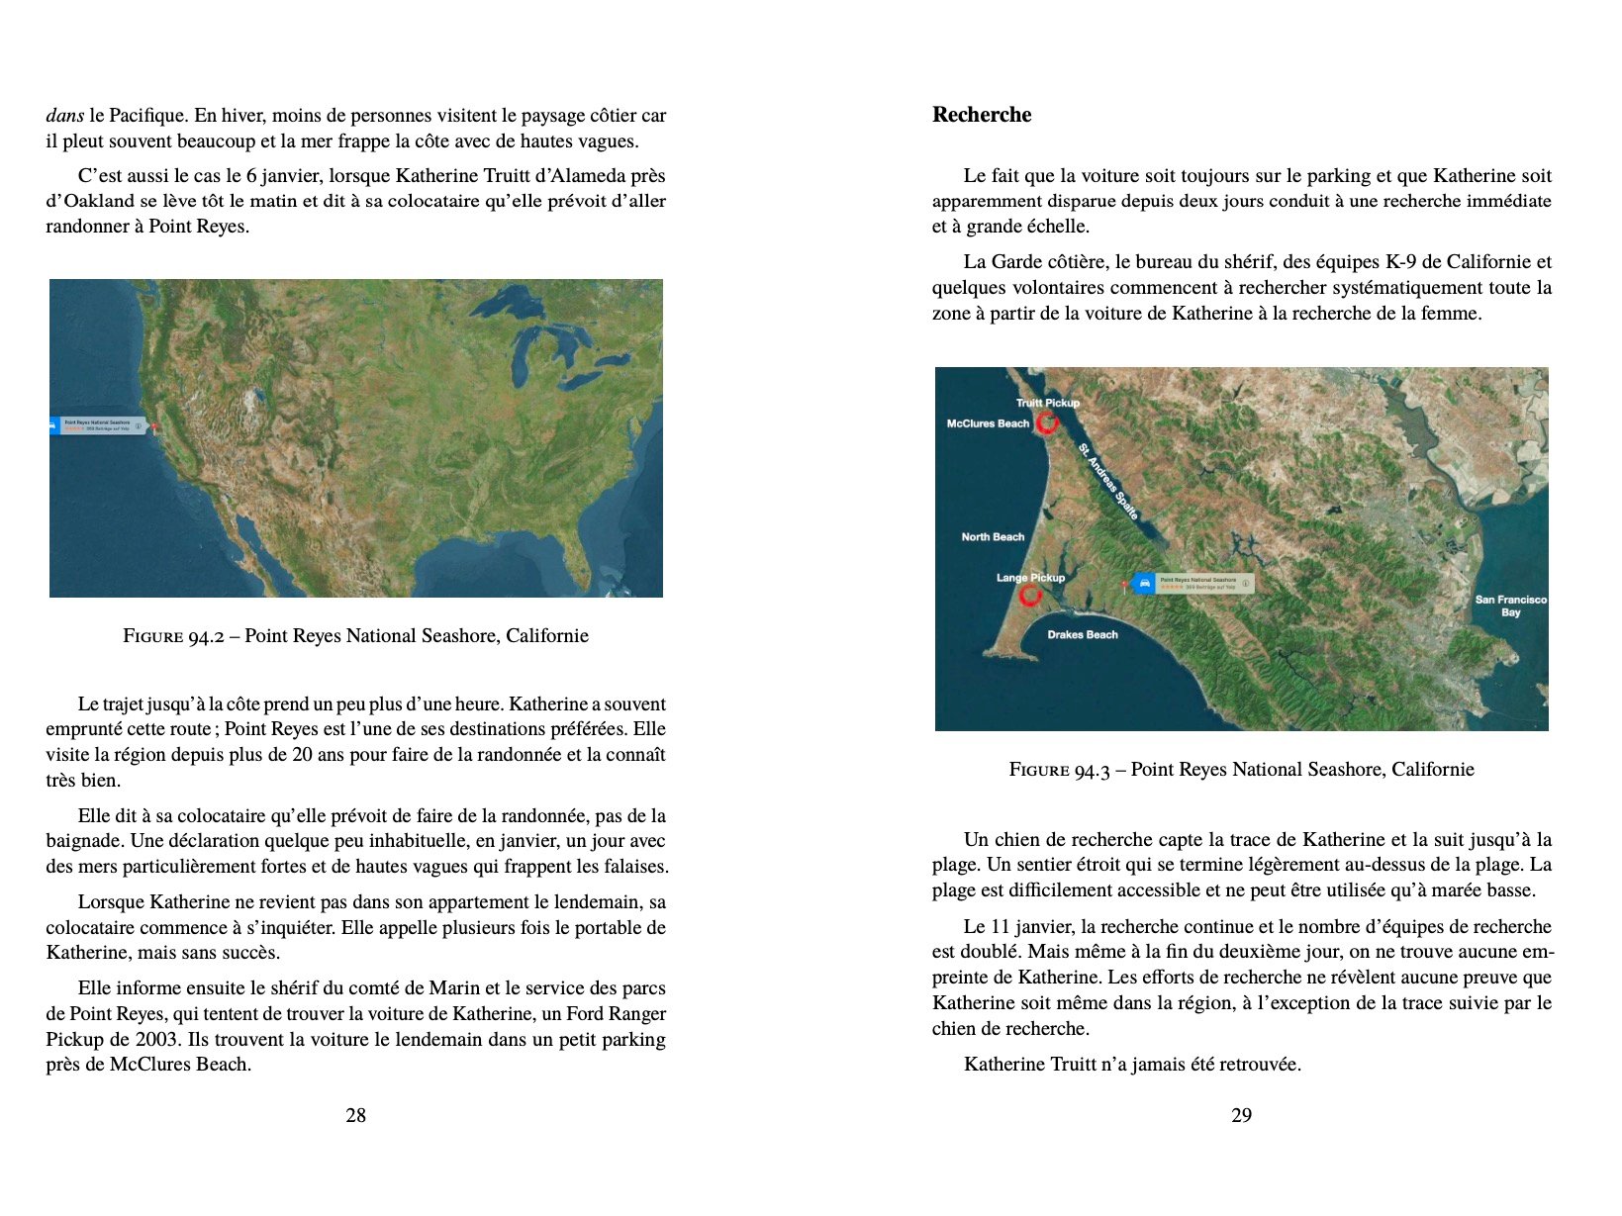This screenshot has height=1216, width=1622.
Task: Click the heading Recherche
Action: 981,115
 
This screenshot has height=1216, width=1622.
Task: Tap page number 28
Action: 355,1115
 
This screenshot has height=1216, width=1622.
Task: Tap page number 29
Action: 1241,1115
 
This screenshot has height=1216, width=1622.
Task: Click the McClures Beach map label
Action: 988,423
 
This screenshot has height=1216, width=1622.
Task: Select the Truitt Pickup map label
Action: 1047,403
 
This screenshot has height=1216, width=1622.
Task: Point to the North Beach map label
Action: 993,537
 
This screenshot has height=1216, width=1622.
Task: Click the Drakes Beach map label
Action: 1082,635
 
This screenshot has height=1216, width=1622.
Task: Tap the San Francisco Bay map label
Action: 1510,606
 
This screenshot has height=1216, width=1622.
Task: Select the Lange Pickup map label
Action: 1030,578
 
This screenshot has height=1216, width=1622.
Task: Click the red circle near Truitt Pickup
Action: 1047,423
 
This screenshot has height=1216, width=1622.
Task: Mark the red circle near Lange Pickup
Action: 1030,596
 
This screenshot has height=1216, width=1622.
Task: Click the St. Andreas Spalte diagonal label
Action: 1108,482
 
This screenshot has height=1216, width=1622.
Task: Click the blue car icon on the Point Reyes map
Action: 1144,584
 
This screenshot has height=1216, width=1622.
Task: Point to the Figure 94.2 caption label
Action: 179,636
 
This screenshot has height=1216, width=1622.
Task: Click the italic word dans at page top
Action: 64,116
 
